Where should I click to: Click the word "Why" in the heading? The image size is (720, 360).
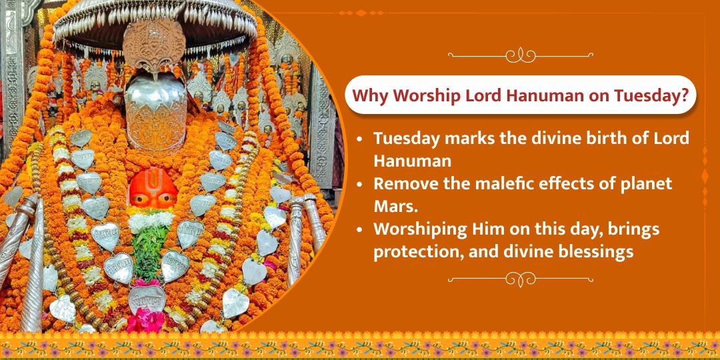coord(368,95)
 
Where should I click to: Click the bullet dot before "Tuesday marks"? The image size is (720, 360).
coord(360,139)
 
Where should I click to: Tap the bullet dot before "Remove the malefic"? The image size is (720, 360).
coord(360,184)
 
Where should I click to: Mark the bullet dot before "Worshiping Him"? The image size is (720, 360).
coord(360,230)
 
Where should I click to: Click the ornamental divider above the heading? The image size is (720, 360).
coord(520,55)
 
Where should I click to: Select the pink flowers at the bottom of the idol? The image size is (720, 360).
coord(145,321)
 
